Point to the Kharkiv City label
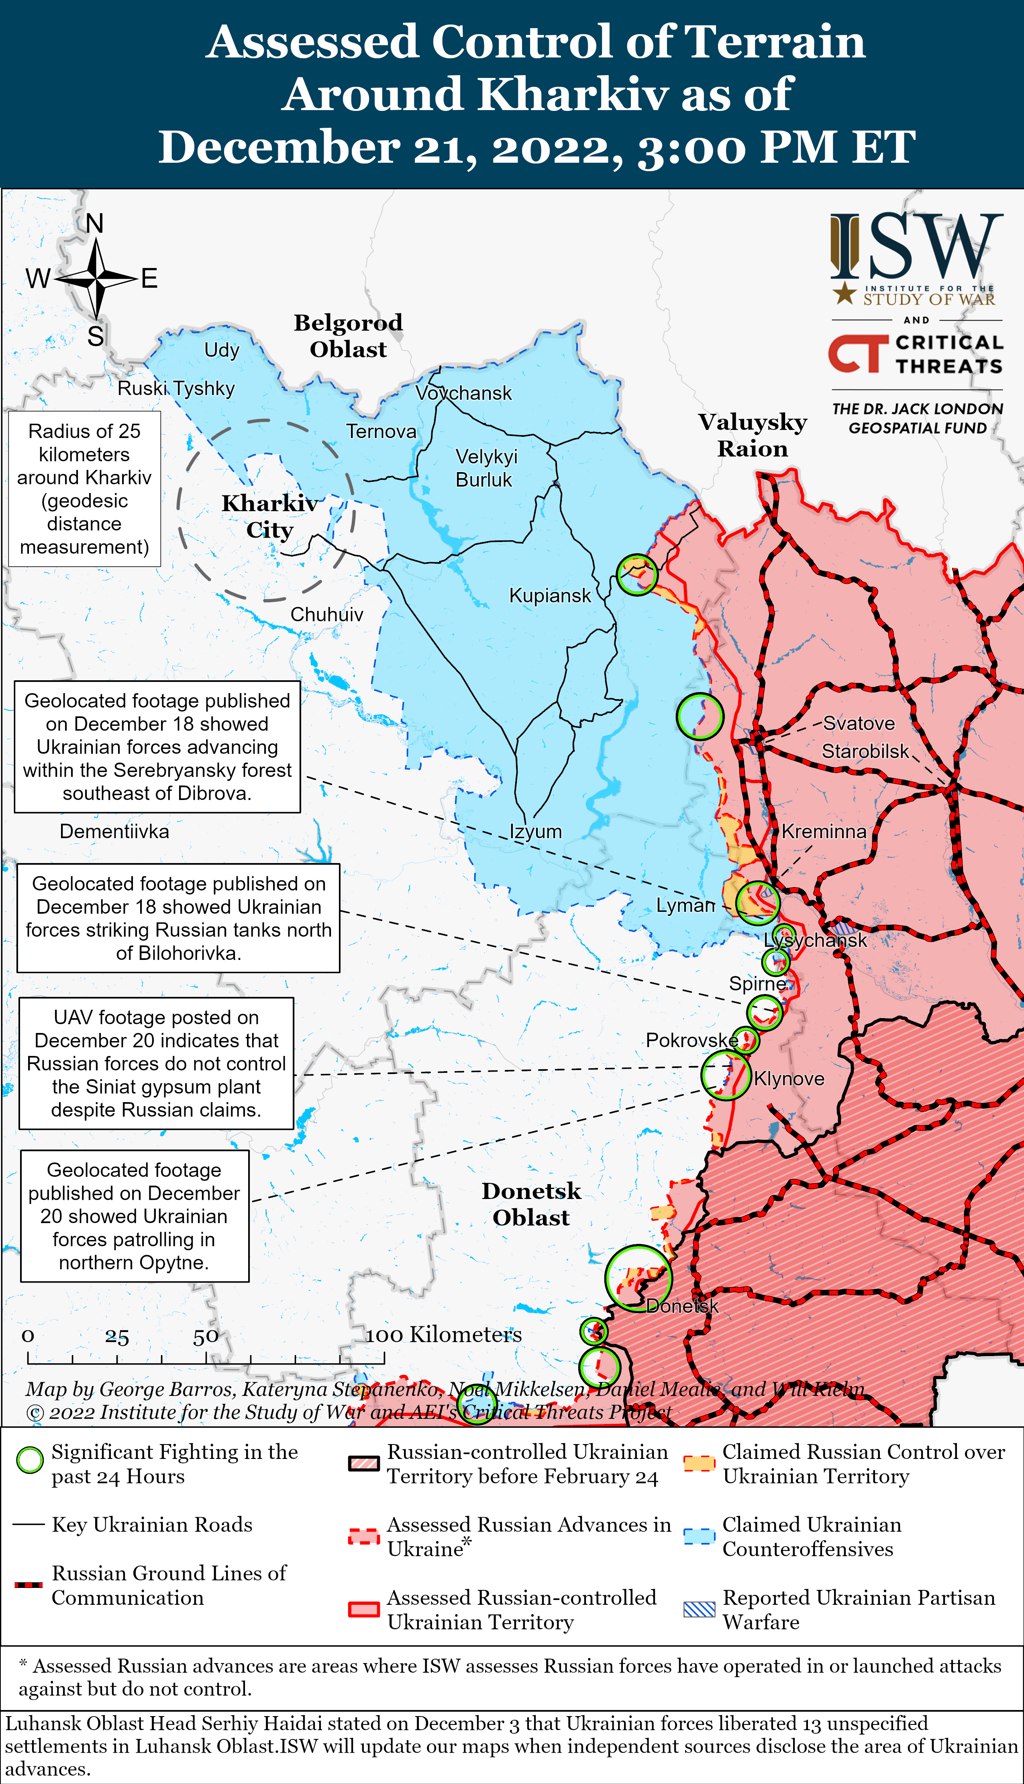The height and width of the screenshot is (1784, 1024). [x=269, y=516]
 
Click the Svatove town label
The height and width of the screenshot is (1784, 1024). [x=859, y=723]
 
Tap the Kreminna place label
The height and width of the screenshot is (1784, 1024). [x=824, y=831]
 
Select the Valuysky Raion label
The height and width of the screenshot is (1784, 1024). [x=753, y=435]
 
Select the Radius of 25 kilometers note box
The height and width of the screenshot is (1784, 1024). [x=84, y=489]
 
